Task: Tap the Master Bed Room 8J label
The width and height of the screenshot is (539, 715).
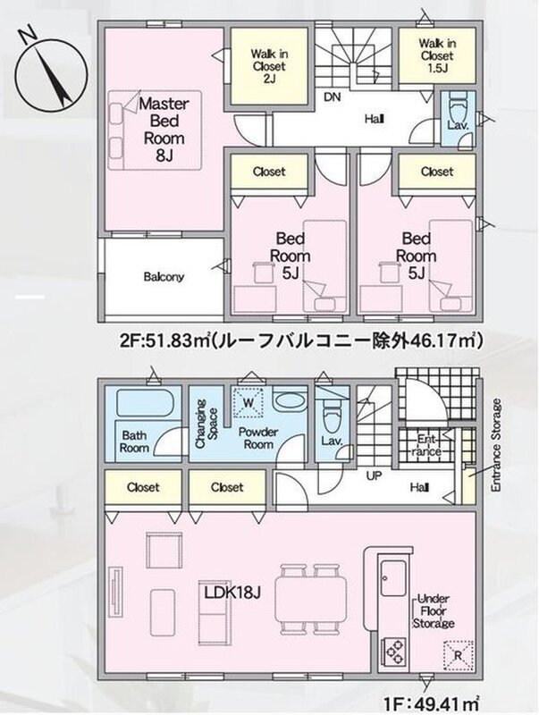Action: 164,130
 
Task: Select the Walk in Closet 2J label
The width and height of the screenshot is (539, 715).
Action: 269,66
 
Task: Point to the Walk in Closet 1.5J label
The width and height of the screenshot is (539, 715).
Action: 437,55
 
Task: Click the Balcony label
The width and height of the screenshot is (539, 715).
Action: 164,277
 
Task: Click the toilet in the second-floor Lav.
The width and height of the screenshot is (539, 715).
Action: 458,108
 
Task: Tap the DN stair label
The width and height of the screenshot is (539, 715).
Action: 333,97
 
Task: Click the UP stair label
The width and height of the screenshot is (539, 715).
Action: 374,476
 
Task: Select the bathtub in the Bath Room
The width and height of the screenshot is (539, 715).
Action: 143,401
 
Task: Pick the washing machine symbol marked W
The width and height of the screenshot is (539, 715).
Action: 248,403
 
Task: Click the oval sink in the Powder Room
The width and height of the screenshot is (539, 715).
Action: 290,400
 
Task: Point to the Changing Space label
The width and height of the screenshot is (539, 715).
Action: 206,424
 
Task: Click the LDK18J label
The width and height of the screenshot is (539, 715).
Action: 232,593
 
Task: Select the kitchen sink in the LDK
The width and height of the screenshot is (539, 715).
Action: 392,577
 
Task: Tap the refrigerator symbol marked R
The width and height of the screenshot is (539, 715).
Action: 458,655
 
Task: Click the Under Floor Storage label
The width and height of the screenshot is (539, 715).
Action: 434,611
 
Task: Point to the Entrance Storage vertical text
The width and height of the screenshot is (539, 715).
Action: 496,445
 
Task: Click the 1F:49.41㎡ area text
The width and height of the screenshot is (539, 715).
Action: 431,702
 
